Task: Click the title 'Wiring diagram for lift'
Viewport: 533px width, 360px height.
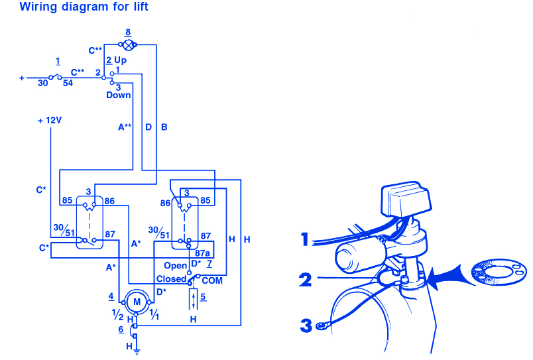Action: point(84,7)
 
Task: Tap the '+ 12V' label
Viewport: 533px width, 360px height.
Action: point(50,121)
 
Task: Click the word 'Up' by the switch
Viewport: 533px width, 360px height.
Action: point(121,60)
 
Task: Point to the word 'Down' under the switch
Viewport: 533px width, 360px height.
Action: point(119,95)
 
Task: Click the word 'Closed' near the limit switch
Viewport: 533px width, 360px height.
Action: point(171,279)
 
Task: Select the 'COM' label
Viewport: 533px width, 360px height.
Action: point(212,280)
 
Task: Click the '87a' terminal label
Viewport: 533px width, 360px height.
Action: point(203,253)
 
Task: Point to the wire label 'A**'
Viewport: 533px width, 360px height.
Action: point(125,126)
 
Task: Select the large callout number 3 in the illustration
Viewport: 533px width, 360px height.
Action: point(306,326)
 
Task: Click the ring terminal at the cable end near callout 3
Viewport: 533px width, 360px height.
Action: point(322,325)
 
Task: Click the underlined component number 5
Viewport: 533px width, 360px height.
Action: point(204,296)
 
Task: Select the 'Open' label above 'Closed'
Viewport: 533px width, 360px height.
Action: point(175,266)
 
